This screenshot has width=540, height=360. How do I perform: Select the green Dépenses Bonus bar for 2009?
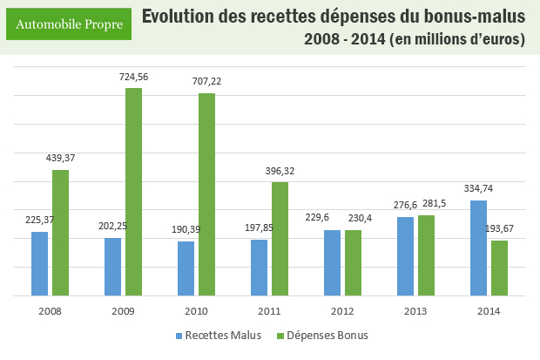pyautogui.click(x=133, y=192)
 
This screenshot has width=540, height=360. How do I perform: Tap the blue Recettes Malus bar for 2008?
pyautogui.click(x=39, y=263)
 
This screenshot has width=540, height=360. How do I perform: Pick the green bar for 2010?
pyautogui.click(x=206, y=194)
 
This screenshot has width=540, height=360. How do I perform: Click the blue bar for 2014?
pyautogui.click(x=478, y=248)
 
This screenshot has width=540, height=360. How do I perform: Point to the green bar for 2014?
pyautogui.click(x=499, y=268)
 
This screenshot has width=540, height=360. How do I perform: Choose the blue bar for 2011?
pyautogui.click(x=259, y=268)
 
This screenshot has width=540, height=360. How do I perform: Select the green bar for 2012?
pyautogui.click(x=353, y=262)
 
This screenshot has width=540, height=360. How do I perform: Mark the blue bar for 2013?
pyautogui.click(x=405, y=256)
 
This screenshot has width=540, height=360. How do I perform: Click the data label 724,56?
pyautogui.click(x=134, y=78)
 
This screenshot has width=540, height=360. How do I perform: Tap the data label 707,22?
pyautogui.click(x=207, y=81)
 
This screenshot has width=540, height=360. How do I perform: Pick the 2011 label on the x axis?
pyautogui.click(x=269, y=309)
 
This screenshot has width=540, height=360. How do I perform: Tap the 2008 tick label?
pyautogui.click(x=50, y=309)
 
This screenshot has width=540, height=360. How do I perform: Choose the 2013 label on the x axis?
pyautogui.click(x=415, y=309)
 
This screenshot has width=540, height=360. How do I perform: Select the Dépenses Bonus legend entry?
pyautogui.click(x=321, y=334)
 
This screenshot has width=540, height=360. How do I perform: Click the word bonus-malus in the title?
pyautogui.click(x=470, y=17)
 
